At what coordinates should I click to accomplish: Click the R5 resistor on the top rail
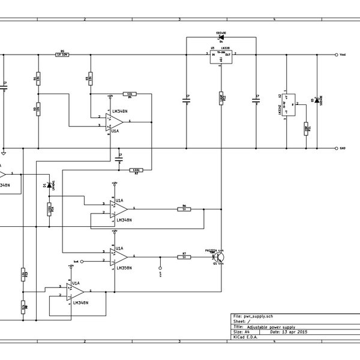click(62, 54)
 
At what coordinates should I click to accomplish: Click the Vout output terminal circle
click(335, 54)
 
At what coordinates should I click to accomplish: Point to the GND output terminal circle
click(335, 148)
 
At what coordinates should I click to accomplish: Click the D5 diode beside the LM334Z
click(316, 100)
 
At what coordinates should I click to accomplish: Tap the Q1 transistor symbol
click(220, 257)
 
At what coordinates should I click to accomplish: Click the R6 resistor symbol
click(184, 209)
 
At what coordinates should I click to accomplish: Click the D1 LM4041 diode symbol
click(49, 185)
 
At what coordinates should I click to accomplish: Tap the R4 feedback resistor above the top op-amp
click(130, 94)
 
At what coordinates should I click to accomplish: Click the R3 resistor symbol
click(89, 78)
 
